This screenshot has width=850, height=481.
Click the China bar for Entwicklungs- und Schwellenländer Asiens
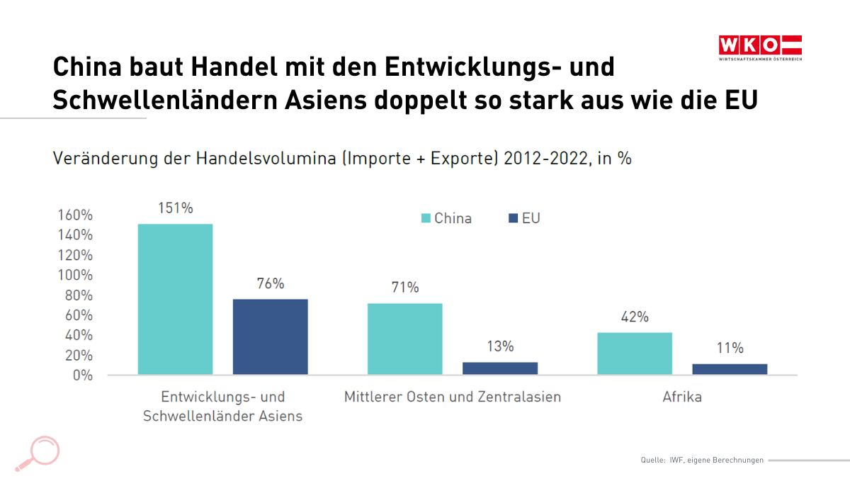pyautogui.click(x=175, y=299)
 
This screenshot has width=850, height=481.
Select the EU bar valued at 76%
pyautogui.click(x=270, y=336)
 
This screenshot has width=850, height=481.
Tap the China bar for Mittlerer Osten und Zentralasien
pyautogui.click(x=404, y=339)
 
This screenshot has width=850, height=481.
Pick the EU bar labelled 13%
pyautogui.click(x=500, y=368)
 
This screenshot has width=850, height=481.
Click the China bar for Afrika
pyautogui.click(x=635, y=353)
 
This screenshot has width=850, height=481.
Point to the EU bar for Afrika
pyautogui.click(x=730, y=368)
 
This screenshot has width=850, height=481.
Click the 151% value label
pyautogui.click(x=175, y=208)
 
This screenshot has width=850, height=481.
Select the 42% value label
pyautogui.click(x=635, y=317)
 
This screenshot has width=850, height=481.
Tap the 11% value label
pyautogui.click(x=730, y=348)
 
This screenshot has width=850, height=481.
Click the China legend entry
pyautogui.click(x=447, y=218)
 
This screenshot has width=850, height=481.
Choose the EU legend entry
pyautogui.click(x=525, y=218)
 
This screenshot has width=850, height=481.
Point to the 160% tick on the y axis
pyautogui.click(x=74, y=215)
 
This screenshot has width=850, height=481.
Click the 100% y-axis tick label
pyautogui.click(x=74, y=275)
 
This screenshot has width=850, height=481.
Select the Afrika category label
pyautogui.click(x=682, y=397)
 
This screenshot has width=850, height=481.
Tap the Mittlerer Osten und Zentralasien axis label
pyautogui.click(x=453, y=397)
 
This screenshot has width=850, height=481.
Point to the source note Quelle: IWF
pyautogui.click(x=702, y=460)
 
